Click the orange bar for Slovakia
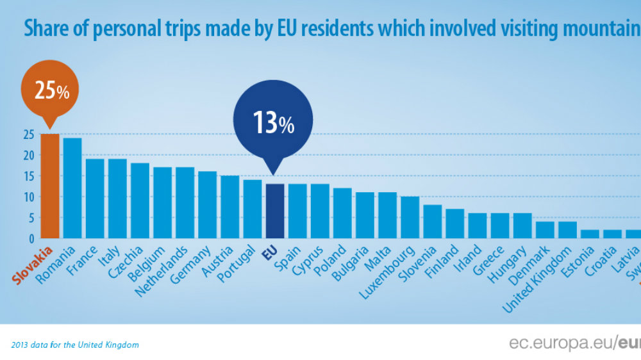coord(50,186)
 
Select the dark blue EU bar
coord(274,211)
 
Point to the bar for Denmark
coord(545,229)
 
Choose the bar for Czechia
coord(140,200)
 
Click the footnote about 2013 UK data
coord(75,345)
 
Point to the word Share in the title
coord(46,28)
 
